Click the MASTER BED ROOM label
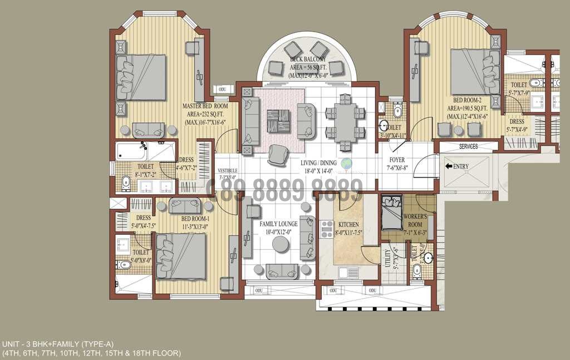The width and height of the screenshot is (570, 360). pyautogui.click(x=205, y=106)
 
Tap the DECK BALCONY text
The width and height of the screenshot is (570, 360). pyautogui.click(x=308, y=59)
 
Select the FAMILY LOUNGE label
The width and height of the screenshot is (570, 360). pyautogui.click(x=278, y=224)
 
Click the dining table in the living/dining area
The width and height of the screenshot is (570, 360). pyautogui.click(x=345, y=122)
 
